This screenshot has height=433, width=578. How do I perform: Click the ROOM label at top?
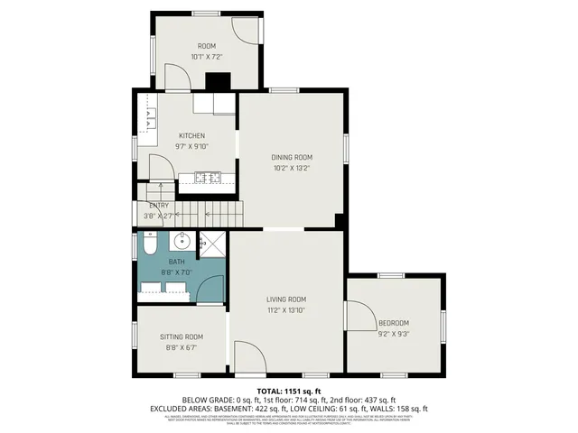pos(206,46)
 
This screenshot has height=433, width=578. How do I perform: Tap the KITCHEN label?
pos(191,136)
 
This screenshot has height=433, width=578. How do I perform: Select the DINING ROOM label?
pos(292,157)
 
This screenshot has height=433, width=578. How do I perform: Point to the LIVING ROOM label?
pos(285,299)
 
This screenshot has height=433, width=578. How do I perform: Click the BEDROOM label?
pos(394,323)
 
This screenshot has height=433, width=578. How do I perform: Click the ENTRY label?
pos(159,206)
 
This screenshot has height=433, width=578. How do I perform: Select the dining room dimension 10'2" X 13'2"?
pos(292,168)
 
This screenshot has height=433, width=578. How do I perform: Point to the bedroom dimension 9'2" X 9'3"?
pos(394,334)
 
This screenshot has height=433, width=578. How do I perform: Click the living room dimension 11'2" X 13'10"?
pos(285,310)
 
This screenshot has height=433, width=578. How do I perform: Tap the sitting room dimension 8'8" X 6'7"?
pos(182,347)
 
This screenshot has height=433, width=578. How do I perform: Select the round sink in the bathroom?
pos(182,240)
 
